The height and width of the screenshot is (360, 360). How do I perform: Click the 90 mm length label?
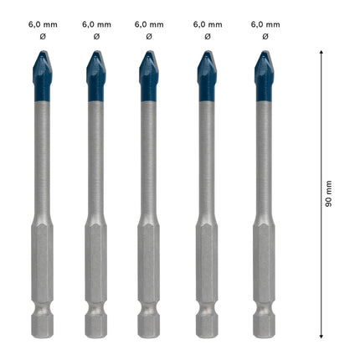click(x=329, y=193)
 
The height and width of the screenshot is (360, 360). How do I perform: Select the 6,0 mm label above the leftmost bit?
click(x=39, y=25)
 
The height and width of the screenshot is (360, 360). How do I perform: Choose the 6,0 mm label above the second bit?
click(x=96, y=25)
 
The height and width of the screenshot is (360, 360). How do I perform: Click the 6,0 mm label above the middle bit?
click(x=149, y=25)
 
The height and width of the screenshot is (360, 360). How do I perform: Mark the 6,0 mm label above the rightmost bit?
click(x=265, y=25)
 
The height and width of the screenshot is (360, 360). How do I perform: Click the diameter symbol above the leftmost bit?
click(x=39, y=37)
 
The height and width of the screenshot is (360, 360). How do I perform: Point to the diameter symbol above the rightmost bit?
click(x=265, y=37)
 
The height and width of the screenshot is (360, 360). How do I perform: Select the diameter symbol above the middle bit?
click(x=149, y=37)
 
